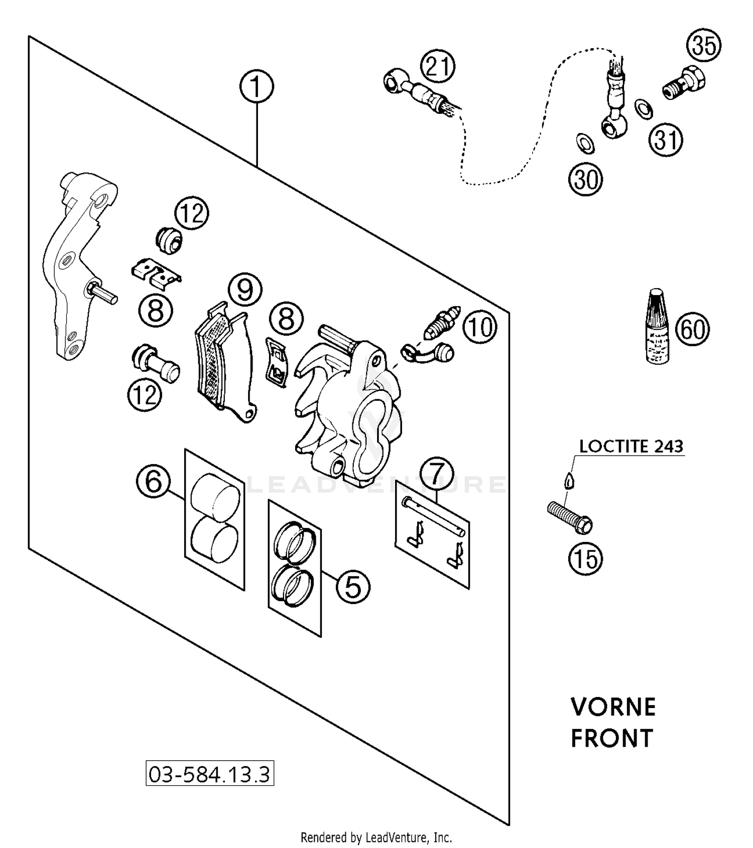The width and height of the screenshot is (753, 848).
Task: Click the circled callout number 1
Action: pyautogui.click(x=257, y=86)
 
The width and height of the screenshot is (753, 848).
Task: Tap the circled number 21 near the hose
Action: pyautogui.click(x=438, y=66)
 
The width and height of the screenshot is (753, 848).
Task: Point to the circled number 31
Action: pyautogui.click(x=666, y=139)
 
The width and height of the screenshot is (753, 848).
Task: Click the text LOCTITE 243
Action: pyautogui.click(x=631, y=446)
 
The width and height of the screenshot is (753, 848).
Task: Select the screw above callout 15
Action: pyautogui.click(x=569, y=517)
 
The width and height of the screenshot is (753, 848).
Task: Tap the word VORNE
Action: pyautogui.click(x=613, y=707)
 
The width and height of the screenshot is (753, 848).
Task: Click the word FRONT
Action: pyautogui.click(x=612, y=739)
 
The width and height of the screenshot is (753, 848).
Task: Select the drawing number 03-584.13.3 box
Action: pyautogui.click(x=210, y=774)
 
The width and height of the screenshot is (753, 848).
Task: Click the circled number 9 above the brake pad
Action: pyautogui.click(x=245, y=290)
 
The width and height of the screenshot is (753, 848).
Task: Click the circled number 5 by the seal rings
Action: pyautogui.click(x=353, y=586)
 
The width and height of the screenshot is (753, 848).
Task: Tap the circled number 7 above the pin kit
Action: pyautogui.click(x=437, y=473)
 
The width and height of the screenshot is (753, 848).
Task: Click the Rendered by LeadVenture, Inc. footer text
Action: pyautogui.click(x=376, y=837)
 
